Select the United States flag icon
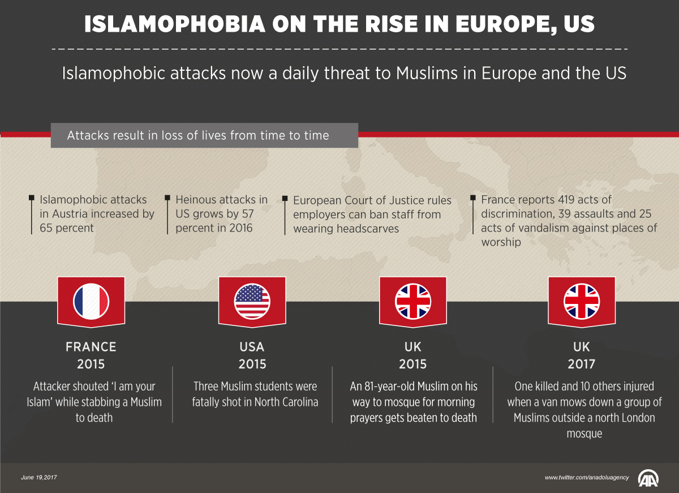pos(252,301)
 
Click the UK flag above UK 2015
pos(413,301)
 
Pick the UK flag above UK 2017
pos(582,301)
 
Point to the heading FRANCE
pos(91,347)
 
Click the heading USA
pos(252,347)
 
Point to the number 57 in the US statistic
pos(247,214)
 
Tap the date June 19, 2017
pos(39,478)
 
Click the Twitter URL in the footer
pos(587,478)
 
